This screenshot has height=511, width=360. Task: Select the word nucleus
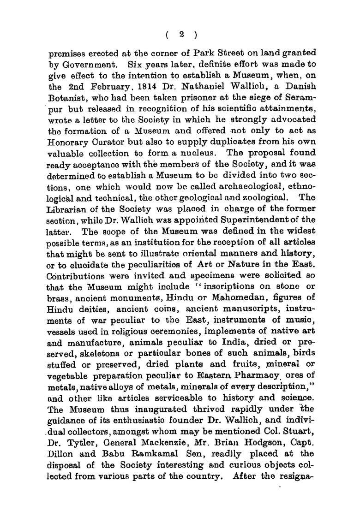[x=206, y=152]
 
